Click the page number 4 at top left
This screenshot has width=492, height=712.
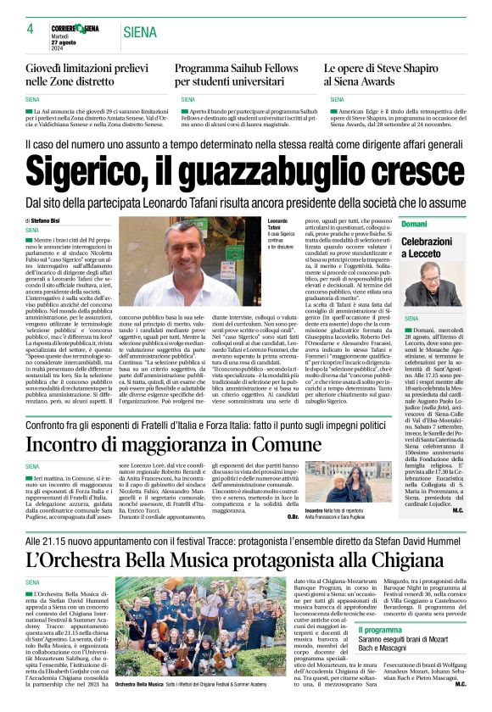30,30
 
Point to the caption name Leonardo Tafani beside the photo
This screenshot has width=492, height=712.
279,225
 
